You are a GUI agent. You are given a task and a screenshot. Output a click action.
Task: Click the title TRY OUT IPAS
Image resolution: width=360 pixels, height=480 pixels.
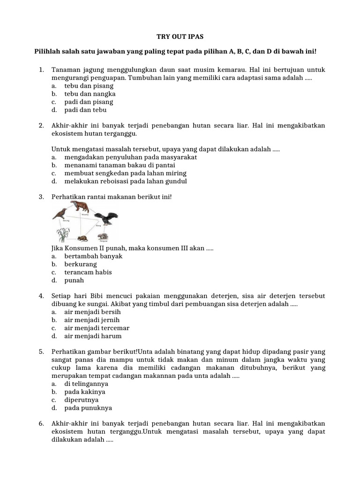coord(180,36)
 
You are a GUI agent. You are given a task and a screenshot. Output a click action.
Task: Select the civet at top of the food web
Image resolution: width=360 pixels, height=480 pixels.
coord(83,207)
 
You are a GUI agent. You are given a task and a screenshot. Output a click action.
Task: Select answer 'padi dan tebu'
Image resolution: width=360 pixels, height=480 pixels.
coord(85,110)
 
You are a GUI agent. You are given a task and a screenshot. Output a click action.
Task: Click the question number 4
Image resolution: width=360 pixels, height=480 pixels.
coord(41,296)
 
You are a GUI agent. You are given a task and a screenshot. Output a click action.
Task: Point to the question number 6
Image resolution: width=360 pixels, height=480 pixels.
coord(41,423)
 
